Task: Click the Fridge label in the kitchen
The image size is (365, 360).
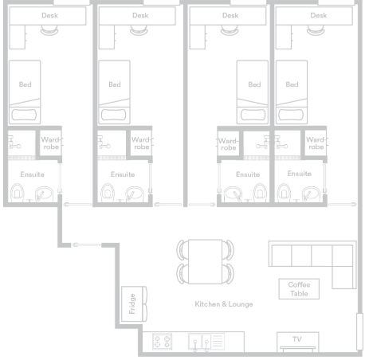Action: pos(132,303)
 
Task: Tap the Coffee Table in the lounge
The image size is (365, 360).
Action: pos(299,289)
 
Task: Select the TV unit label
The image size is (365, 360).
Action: pos(297,339)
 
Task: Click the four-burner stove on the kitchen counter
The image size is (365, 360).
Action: pos(163,341)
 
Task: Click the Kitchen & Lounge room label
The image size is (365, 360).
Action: pos(224,304)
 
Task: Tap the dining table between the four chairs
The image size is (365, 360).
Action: pos(205,262)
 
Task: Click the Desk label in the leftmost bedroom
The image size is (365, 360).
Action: pos(49,15)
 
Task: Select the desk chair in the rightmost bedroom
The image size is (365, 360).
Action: pos(316,30)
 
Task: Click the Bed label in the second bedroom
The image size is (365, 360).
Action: pos(115,84)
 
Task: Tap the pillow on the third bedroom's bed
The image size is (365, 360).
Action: pos(253,115)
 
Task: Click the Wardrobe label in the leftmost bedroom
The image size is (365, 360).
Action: pos(51,143)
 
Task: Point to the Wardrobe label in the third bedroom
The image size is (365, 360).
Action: pos(228,144)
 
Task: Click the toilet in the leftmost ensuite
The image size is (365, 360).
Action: pos(18,192)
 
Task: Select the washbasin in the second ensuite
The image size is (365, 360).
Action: pos(134,194)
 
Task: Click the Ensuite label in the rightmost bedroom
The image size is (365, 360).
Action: pos(300,174)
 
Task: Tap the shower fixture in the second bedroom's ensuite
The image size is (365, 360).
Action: pos(103,143)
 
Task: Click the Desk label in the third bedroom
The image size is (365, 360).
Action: pos(230,15)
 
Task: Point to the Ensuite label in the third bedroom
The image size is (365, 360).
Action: pos(248,174)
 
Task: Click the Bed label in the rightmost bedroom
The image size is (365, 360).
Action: pos(292,84)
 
